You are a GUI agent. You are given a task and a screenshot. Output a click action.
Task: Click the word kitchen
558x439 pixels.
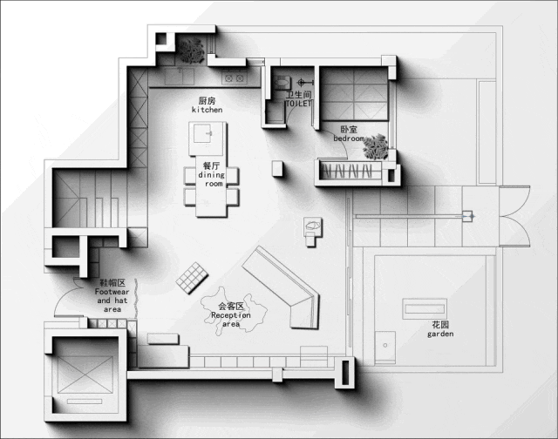point(208,110)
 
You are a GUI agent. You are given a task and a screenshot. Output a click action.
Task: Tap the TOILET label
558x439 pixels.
point(298,104)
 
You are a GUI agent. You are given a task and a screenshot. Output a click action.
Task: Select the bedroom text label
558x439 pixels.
point(349,138)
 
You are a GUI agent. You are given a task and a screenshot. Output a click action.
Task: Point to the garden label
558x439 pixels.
point(440,334)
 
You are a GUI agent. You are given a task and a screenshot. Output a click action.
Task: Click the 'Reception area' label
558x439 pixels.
point(231,320)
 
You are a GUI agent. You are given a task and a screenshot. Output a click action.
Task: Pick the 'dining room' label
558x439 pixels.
point(212,179)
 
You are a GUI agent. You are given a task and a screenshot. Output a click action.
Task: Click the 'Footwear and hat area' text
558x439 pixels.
point(112,301)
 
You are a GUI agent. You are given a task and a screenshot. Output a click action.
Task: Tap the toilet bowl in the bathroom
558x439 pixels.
point(282,83)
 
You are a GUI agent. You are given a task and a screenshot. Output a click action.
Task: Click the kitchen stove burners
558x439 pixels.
point(235,78)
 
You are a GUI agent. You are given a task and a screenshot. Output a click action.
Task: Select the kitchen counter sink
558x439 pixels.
point(180,76)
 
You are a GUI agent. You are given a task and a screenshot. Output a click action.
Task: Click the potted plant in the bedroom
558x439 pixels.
point(376,147)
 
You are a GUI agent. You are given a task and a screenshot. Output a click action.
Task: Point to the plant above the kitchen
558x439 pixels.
point(192,51)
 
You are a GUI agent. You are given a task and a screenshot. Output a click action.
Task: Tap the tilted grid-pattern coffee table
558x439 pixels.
point(192,278)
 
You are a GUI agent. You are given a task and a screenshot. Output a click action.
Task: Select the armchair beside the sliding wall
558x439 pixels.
point(313,232)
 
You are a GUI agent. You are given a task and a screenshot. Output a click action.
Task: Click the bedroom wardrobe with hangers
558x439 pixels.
point(349,172)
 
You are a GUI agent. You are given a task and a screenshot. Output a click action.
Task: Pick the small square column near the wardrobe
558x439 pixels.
point(277,168)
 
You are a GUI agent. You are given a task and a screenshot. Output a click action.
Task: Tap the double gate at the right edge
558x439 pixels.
point(515,216)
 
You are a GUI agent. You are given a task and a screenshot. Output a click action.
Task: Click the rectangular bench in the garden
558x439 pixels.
point(425,308)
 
